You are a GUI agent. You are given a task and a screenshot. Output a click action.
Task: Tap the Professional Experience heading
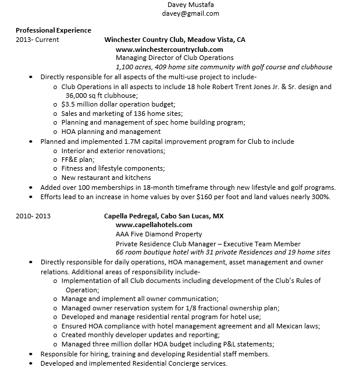pyautogui.click(x=53, y=30)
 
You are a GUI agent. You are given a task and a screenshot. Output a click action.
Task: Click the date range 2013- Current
pyautogui.click(x=37, y=40)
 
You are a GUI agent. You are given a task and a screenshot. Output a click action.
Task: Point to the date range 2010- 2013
pyautogui.click(x=33, y=215)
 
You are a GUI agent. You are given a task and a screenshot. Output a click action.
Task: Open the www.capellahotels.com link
pyautogui.click(x=154, y=225)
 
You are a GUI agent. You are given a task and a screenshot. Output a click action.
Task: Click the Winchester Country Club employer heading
pyautogui.click(x=174, y=40)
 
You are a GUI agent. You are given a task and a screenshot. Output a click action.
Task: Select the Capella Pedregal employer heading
pyautogui.click(x=164, y=215)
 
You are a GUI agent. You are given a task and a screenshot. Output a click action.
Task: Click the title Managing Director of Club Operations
pyautogui.click(x=174, y=58)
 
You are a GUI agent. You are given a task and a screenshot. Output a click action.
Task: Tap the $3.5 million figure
pyautogui.click(x=84, y=105)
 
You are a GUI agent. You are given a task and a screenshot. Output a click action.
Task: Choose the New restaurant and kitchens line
pyautogui.click(x=106, y=178)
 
